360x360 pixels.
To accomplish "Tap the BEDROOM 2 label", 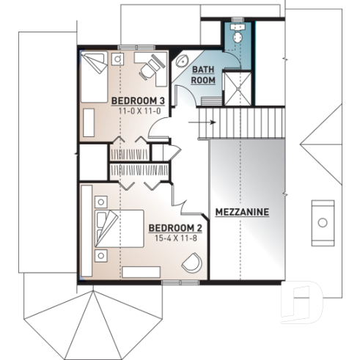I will tap(175, 228).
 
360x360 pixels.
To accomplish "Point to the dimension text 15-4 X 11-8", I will tap(175, 238).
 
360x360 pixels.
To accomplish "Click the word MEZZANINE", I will tap(242, 212).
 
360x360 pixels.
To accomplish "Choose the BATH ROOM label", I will tap(203, 75).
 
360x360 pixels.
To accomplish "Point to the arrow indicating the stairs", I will tap(205, 123).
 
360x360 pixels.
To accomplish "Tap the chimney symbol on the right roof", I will tap(321, 221).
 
